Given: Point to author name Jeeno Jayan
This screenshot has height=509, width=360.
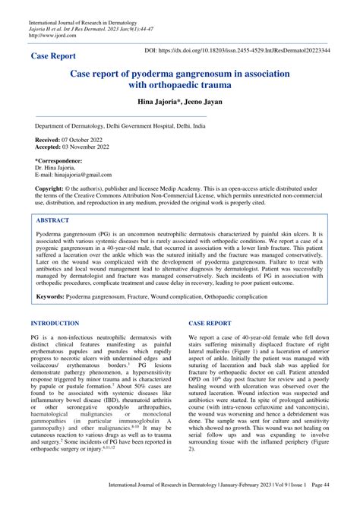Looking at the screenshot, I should pyautogui.click(x=207, y=103).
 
